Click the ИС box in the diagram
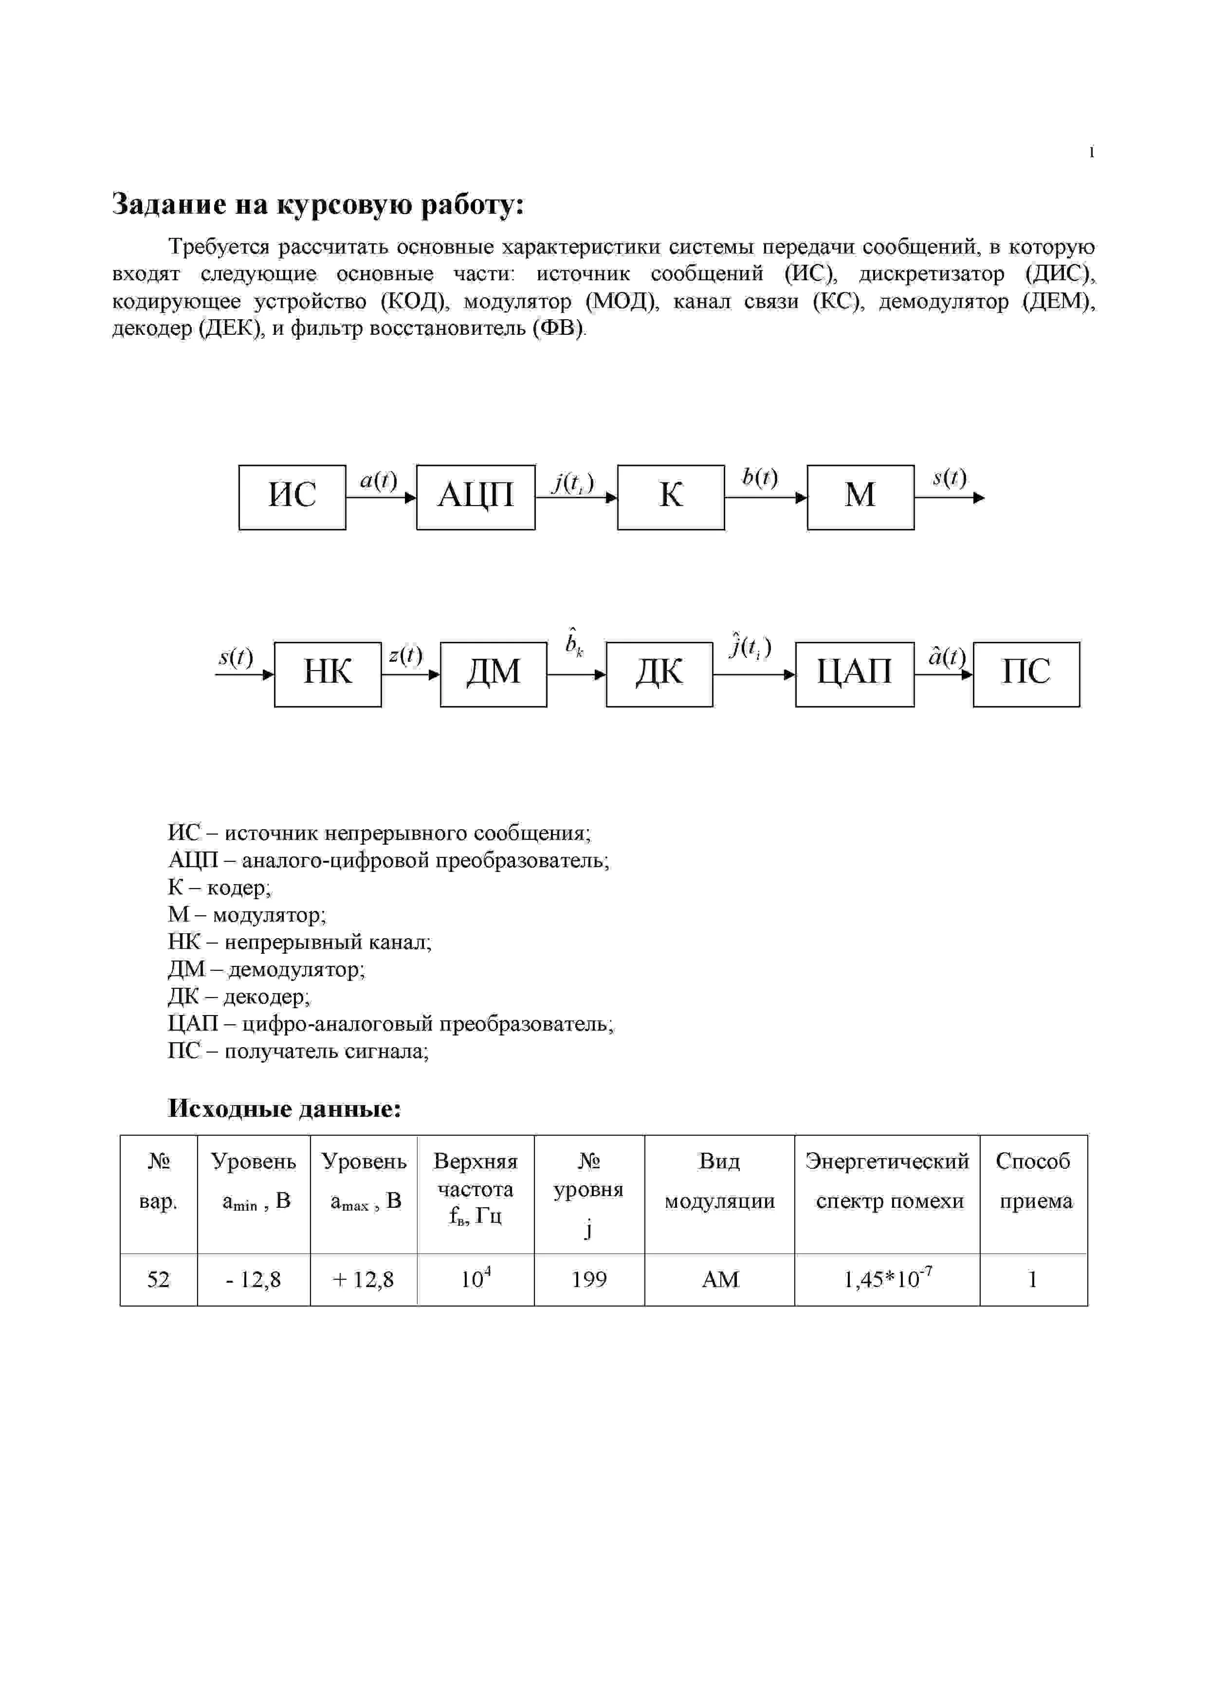(x=293, y=497)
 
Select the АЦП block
(x=475, y=497)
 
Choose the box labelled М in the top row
(x=860, y=497)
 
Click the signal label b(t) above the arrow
(x=760, y=477)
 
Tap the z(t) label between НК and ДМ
(x=405, y=655)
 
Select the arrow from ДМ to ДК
(x=576, y=674)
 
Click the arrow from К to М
(x=765, y=497)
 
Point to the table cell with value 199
(x=589, y=1279)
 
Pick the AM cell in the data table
(x=720, y=1279)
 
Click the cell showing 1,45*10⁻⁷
(x=887, y=1279)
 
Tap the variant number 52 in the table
(x=158, y=1279)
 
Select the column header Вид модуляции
(x=720, y=1180)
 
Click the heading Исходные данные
(x=284, y=1108)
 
